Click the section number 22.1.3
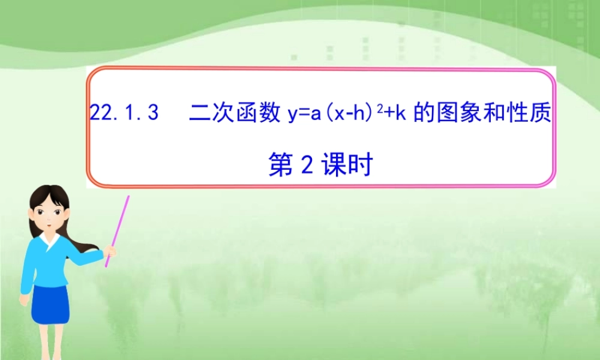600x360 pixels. coord(124,112)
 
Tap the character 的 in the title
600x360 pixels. coord(424,112)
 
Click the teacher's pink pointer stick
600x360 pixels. coord(118,229)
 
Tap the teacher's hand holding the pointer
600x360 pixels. coord(109,251)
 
